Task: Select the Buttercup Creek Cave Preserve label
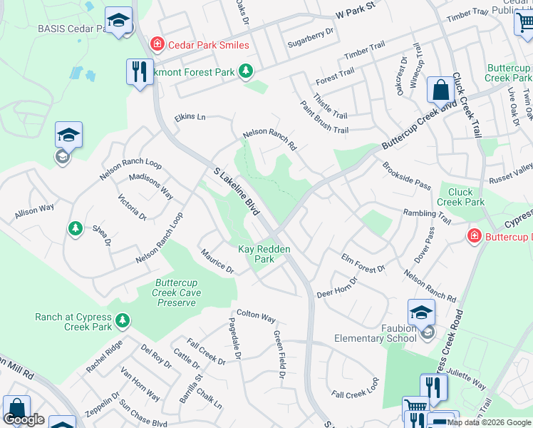tap(176, 292)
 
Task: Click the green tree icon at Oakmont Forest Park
tap(247, 71)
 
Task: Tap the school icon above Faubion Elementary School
tap(421, 312)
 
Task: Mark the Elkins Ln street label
tap(190, 117)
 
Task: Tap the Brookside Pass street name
tap(406, 175)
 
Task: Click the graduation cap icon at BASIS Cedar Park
tap(119, 21)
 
